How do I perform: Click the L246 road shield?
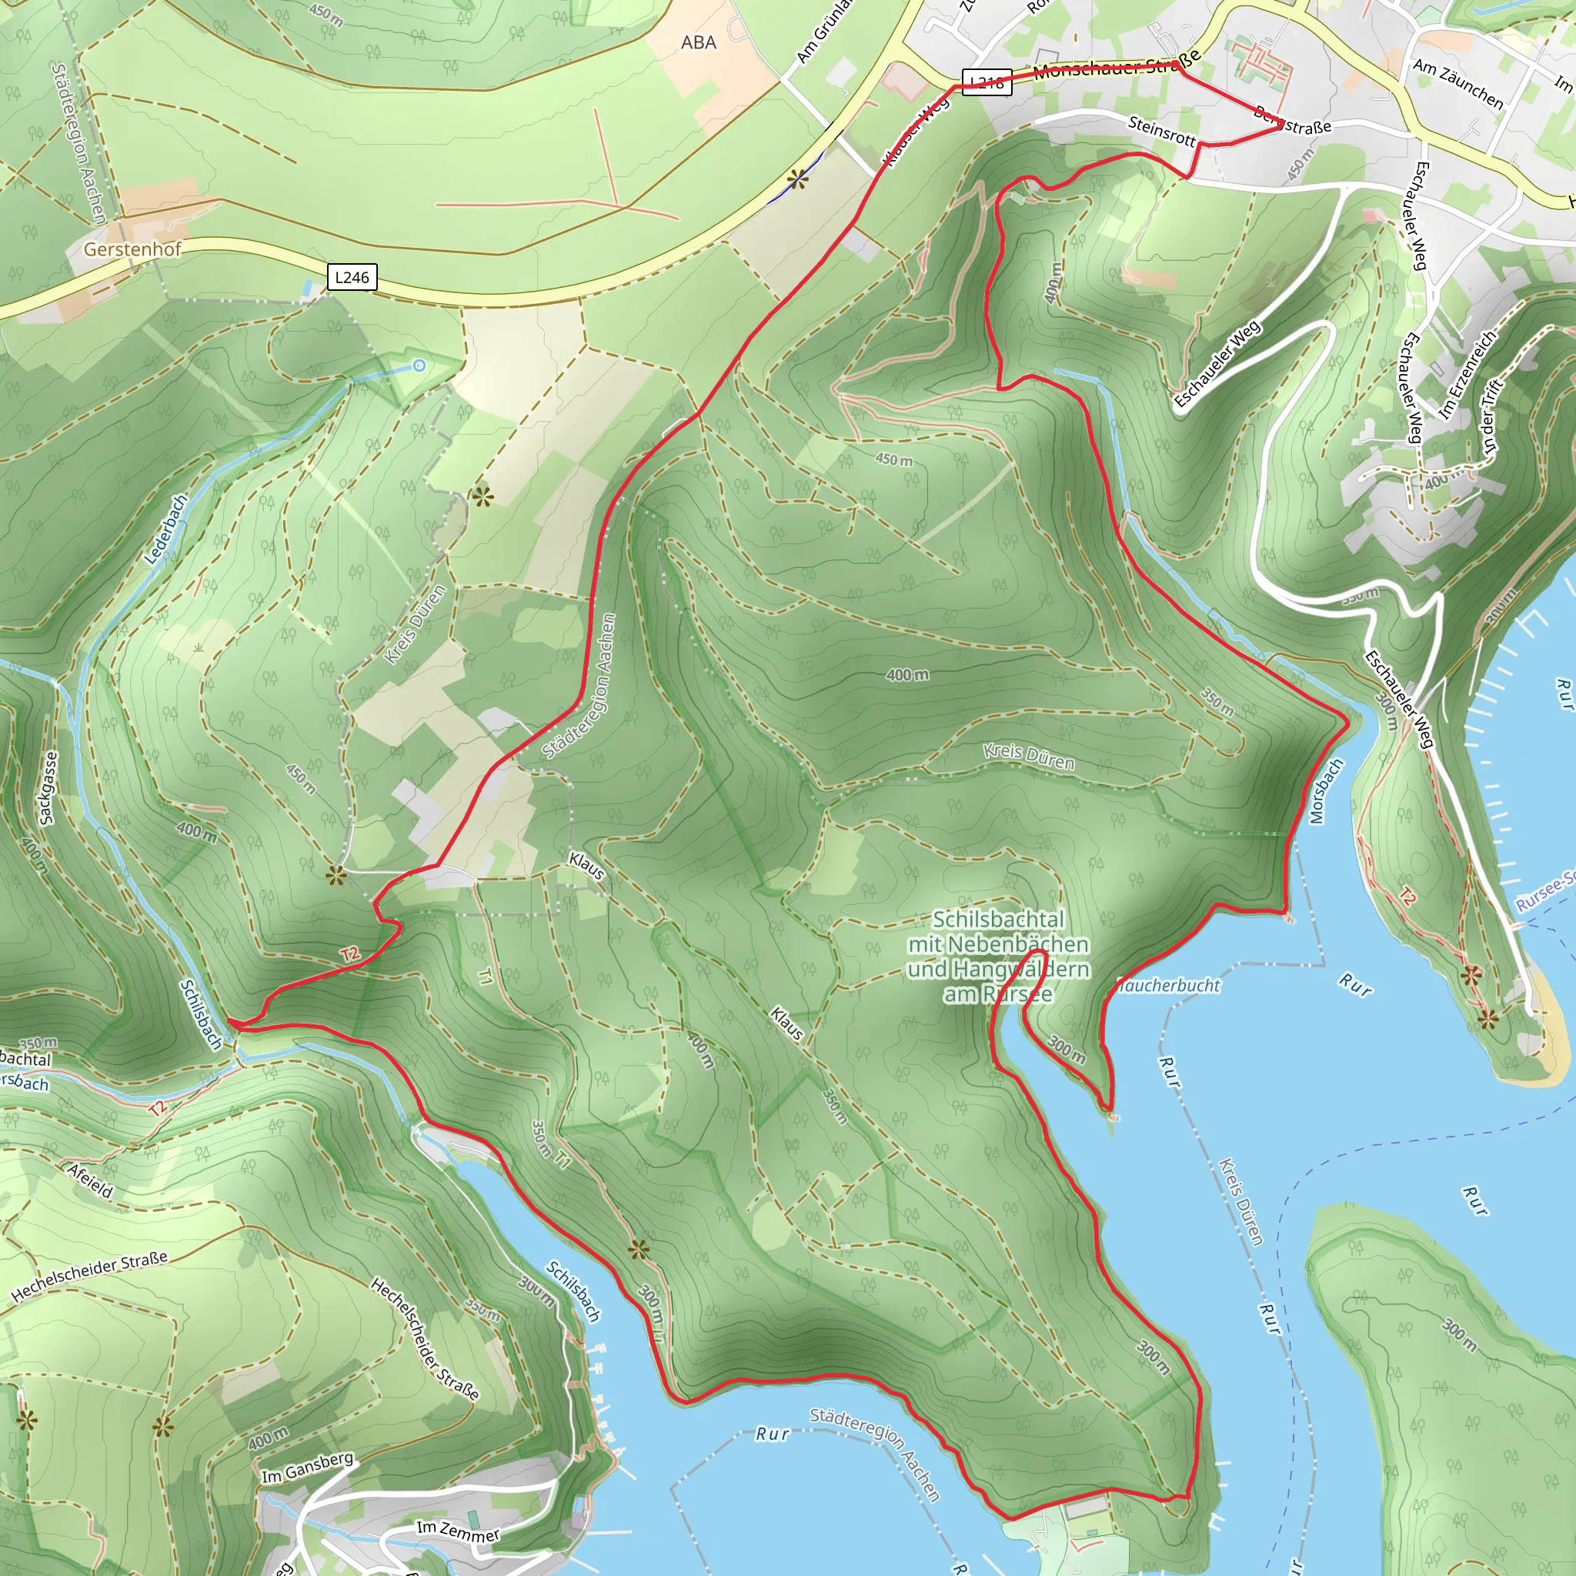coord(352,277)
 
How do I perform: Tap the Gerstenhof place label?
coord(132,249)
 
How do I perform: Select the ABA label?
coord(698,42)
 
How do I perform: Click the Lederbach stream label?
coord(165,529)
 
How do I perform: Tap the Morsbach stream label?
coord(1325,791)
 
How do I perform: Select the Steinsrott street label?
coord(1161,131)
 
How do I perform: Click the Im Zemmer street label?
coord(458,1531)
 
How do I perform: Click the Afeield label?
coord(90,1180)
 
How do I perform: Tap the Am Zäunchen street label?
coord(1457,83)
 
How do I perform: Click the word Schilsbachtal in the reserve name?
coord(998,920)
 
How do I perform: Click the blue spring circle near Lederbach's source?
coord(419,366)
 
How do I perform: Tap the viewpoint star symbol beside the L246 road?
coord(798,179)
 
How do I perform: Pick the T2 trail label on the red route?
coord(350,953)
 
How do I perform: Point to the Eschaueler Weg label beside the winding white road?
coord(1218,364)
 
